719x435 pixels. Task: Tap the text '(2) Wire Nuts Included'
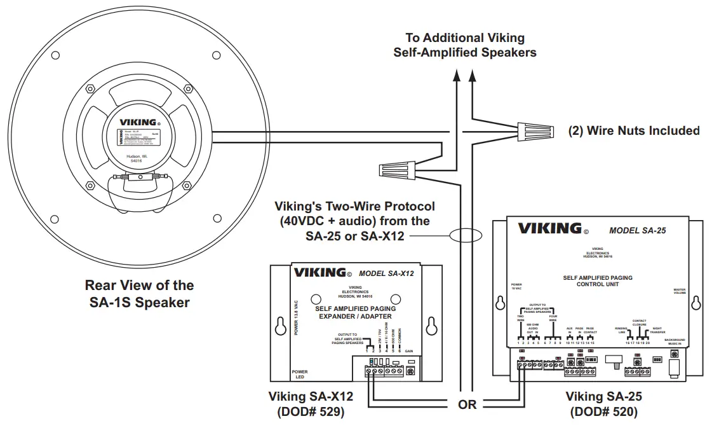[x=633, y=130]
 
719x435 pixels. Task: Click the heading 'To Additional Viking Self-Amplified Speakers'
[x=464, y=45]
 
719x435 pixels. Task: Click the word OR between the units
[x=467, y=405]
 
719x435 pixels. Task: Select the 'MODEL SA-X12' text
[x=386, y=273]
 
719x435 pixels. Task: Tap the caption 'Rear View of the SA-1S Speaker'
[x=139, y=294]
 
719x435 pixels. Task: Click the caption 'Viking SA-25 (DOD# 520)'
[x=603, y=404]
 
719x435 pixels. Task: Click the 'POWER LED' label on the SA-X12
[x=300, y=374]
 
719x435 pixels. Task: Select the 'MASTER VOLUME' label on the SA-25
[x=680, y=292]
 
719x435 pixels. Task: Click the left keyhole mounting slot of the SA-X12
[x=279, y=326]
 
